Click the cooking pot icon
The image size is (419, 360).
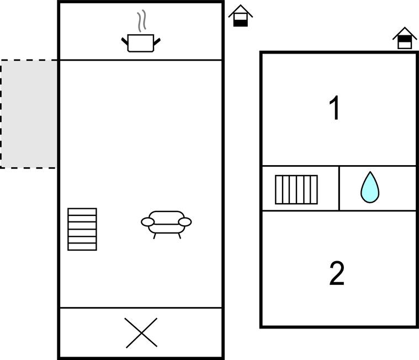[x=141, y=43]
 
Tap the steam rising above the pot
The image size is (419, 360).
[x=142, y=21]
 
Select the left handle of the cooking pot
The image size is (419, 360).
[x=125, y=41]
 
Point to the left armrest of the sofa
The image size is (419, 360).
[x=148, y=222]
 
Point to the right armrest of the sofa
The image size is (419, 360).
[x=185, y=222]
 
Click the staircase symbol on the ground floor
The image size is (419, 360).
[x=82, y=229]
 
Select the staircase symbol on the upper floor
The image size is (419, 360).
[x=296, y=189]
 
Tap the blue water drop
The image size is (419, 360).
[x=370, y=187]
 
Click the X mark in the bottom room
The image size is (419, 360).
[x=141, y=333]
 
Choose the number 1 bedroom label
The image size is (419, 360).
[x=335, y=108]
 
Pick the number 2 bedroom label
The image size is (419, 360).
[x=337, y=273]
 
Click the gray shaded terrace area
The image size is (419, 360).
[x=29, y=114]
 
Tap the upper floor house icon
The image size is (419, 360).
[x=405, y=38]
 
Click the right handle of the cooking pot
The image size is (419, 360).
[x=157, y=41]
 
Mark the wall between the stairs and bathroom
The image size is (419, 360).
[x=339, y=188]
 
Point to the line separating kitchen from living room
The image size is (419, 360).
[x=141, y=60]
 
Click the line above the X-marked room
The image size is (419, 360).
[x=141, y=308]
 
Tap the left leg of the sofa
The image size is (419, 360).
[x=155, y=236]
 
